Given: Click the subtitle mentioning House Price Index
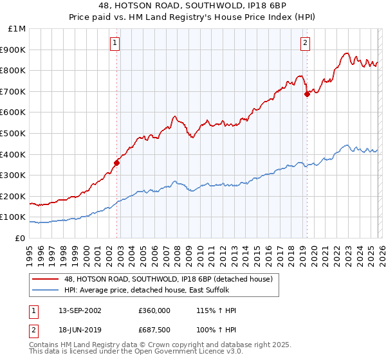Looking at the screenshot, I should (193, 18).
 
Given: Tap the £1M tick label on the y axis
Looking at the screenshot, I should (17, 29).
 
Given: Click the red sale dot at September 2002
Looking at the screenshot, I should (116, 163).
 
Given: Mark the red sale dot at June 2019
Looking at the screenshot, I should (307, 94).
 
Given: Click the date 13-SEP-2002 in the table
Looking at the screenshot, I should (78, 310).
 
